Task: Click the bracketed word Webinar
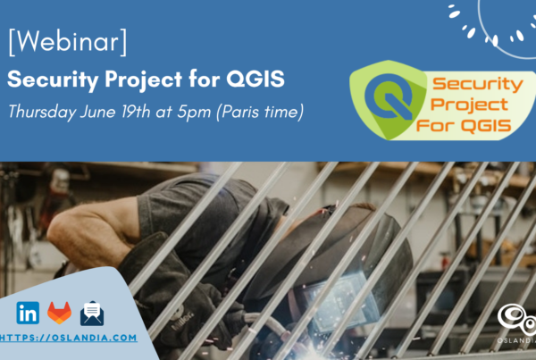tap(68, 42)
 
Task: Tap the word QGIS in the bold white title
tap(255, 79)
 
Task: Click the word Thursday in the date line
tap(42, 112)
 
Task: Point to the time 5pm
tap(194, 113)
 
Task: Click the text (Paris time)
tap(260, 112)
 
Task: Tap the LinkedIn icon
tap(28, 313)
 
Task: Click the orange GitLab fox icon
tap(60, 313)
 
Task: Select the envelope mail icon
tap(92, 314)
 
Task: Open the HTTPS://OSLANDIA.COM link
tap(69, 338)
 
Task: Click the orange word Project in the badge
tap(469, 105)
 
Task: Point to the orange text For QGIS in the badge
tap(464, 125)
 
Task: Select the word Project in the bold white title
tap(143, 80)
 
